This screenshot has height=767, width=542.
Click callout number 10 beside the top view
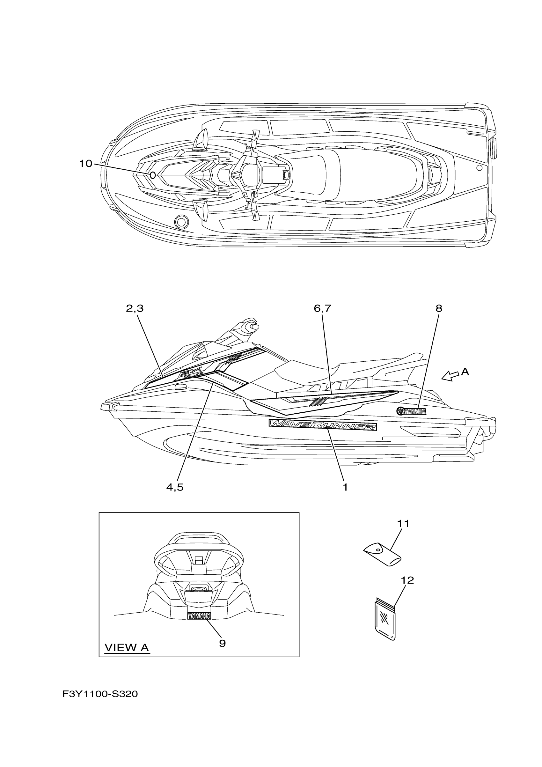(85, 164)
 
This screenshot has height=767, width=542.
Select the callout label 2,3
(135, 309)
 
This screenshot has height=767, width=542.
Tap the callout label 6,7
(322, 309)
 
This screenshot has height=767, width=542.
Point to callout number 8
(439, 309)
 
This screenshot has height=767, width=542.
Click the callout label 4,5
(175, 487)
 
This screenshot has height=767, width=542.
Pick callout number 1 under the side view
(345, 487)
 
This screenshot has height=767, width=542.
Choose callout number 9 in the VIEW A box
(223, 643)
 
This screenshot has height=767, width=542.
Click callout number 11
(403, 523)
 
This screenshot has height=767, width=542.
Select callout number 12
(407, 580)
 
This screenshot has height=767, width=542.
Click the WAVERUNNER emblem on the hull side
(323, 425)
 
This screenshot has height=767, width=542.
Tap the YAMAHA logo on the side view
(411, 411)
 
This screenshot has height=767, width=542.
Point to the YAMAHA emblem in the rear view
(199, 616)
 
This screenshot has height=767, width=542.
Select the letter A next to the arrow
(465, 372)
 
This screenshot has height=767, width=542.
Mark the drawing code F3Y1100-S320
(100, 694)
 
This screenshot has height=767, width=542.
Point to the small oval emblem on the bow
(153, 175)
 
